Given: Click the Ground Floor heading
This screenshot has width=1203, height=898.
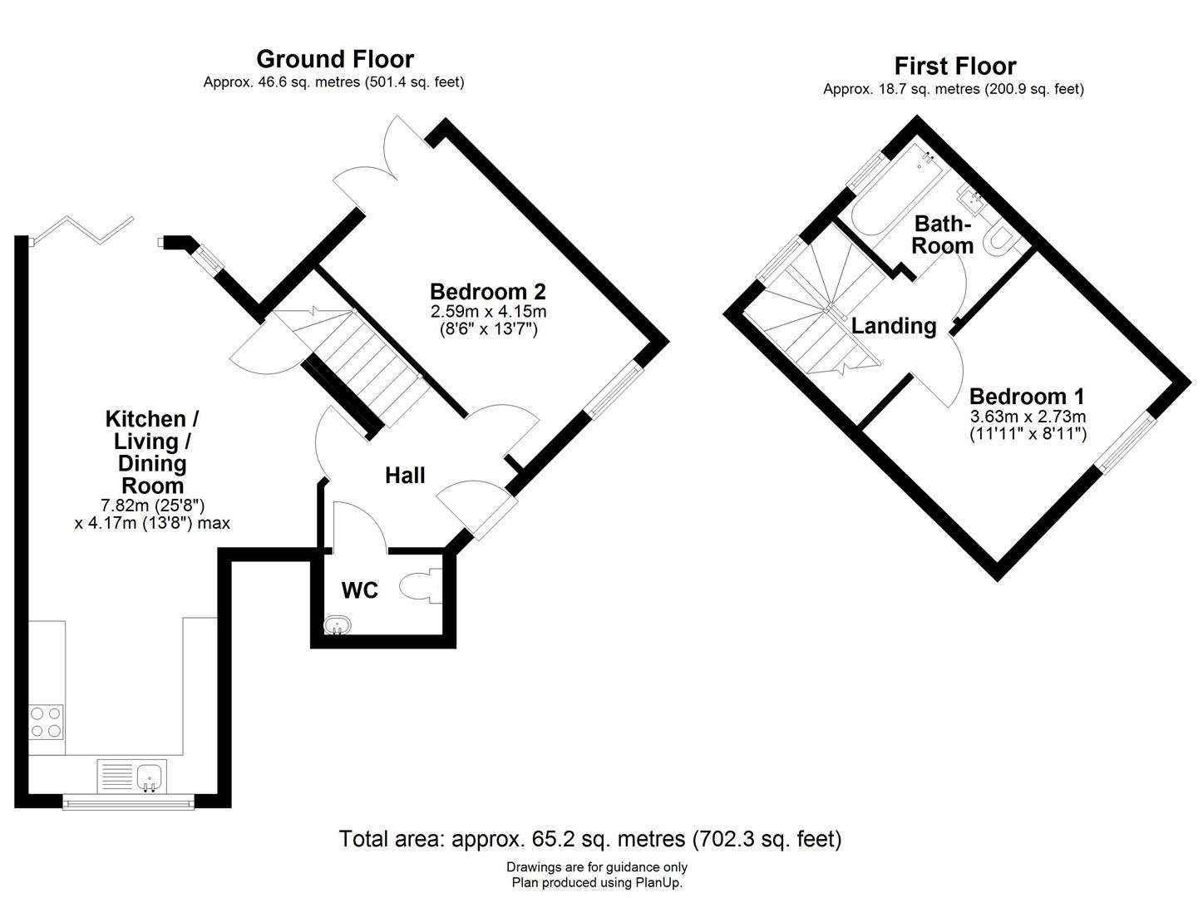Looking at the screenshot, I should click(334, 59).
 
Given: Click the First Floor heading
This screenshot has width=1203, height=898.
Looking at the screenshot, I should click(954, 66).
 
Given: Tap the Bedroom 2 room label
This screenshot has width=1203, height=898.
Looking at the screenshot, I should click(488, 292).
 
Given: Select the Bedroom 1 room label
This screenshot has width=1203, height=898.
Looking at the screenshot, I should click(1027, 397).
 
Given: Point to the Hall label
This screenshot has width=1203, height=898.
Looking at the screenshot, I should click(405, 476).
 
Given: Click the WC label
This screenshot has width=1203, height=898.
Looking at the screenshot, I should click(360, 590).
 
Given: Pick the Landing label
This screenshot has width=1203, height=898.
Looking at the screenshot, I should click(894, 326).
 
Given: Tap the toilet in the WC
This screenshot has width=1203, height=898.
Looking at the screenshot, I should click(423, 586).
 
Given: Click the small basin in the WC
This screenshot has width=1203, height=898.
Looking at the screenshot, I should click(338, 624).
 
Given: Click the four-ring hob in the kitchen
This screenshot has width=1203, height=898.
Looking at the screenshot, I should click(46, 722).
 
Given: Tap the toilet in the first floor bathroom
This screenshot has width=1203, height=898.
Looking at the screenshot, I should click(998, 239).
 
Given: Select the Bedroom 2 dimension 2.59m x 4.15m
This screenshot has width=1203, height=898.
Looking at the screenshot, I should click(488, 312).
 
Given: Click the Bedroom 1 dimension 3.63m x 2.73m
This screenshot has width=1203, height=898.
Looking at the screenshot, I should click(1028, 417).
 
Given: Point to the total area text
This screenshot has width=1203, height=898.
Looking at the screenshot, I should click(589, 839).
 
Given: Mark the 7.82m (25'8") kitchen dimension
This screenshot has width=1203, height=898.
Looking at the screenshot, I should click(152, 506).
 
